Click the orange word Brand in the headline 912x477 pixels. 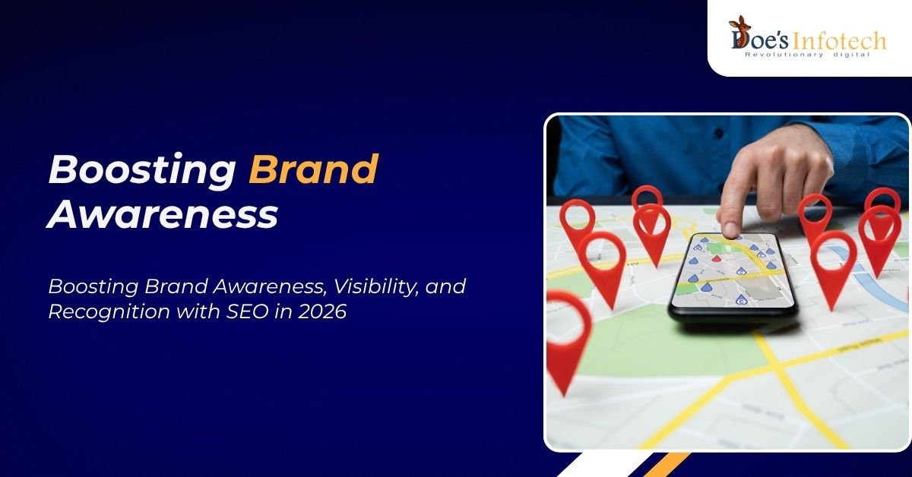[x=313, y=169]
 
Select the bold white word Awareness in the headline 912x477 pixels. [x=163, y=214]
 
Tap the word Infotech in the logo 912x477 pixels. [x=838, y=41]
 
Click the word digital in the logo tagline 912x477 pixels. [x=853, y=55]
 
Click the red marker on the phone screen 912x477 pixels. [x=716, y=258]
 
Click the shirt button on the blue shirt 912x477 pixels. [x=719, y=133]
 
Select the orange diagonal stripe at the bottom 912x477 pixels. [x=667, y=464]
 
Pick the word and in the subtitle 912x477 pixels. [x=445, y=286]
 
